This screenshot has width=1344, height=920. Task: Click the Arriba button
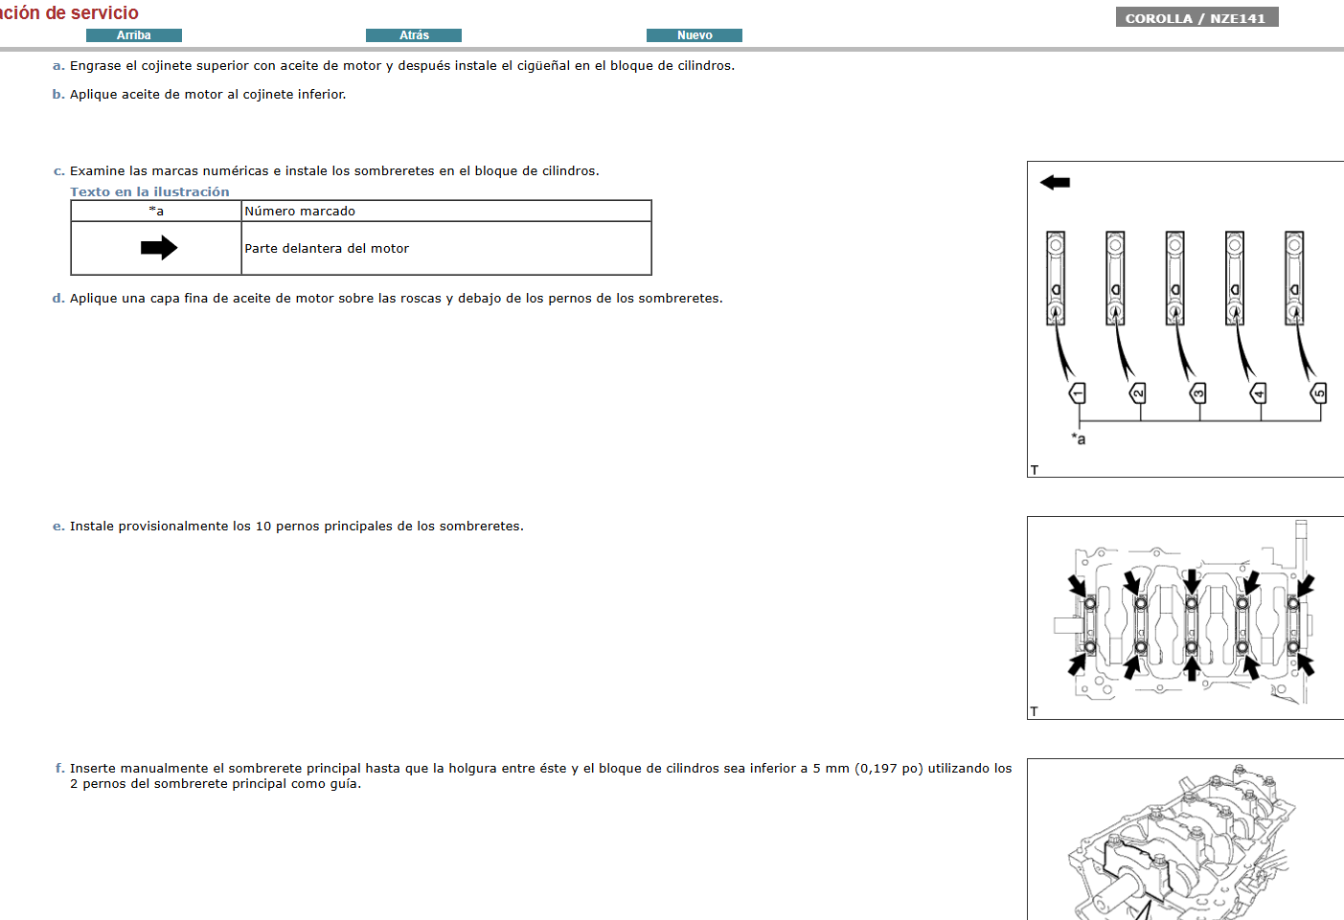coord(133,35)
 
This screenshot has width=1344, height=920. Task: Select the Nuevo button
coord(694,35)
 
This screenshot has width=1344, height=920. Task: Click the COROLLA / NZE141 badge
coord(1196,18)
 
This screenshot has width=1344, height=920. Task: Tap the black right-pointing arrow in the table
coord(158,248)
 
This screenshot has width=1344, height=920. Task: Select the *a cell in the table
coord(156,211)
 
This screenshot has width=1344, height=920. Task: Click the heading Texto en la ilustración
coord(149,191)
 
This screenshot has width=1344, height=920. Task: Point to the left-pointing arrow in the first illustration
coord(1055,182)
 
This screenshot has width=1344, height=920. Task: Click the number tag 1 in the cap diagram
coord(1078,393)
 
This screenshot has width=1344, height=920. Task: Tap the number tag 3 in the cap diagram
coord(1197,393)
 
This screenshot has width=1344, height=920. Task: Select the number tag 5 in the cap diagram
coord(1319,393)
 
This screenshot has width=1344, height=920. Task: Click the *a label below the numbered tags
coord(1079,439)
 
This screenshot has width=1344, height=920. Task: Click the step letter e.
coord(58,527)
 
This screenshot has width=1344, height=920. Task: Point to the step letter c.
coord(58,171)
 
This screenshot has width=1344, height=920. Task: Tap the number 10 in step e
coord(262,527)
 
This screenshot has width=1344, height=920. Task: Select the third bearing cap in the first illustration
coord(1174,278)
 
